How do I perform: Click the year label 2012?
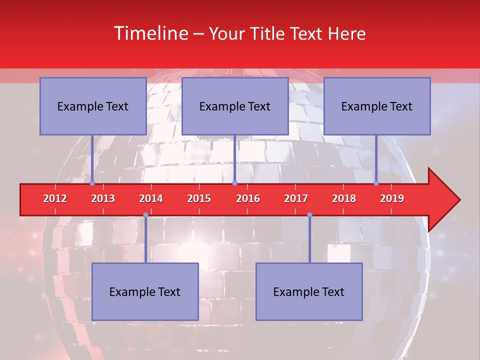(x=55, y=198)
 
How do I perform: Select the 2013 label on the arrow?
(x=103, y=198)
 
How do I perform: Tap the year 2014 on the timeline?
(x=151, y=198)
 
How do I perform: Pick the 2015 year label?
(x=199, y=198)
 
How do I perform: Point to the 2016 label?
(x=248, y=198)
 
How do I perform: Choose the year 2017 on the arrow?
(x=296, y=198)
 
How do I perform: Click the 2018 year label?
(x=344, y=198)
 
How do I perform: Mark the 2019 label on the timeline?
(x=392, y=198)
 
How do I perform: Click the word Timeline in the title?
(x=150, y=33)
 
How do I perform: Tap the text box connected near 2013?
(x=93, y=106)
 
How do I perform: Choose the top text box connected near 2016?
(x=235, y=106)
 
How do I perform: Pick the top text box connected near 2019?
(x=377, y=106)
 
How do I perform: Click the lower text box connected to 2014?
(x=145, y=291)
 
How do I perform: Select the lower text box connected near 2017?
(x=309, y=291)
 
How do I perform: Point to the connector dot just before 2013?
(x=92, y=183)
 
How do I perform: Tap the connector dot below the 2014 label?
(x=145, y=214)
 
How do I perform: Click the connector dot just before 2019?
(x=376, y=183)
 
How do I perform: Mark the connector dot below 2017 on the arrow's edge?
(x=309, y=214)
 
